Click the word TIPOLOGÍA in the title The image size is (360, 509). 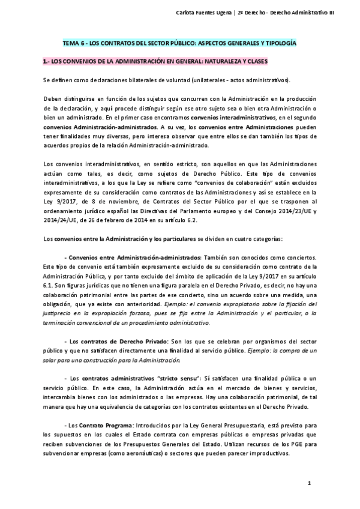click(x=280, y=44)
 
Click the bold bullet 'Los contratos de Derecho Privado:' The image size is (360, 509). click(x=116, y=341)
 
